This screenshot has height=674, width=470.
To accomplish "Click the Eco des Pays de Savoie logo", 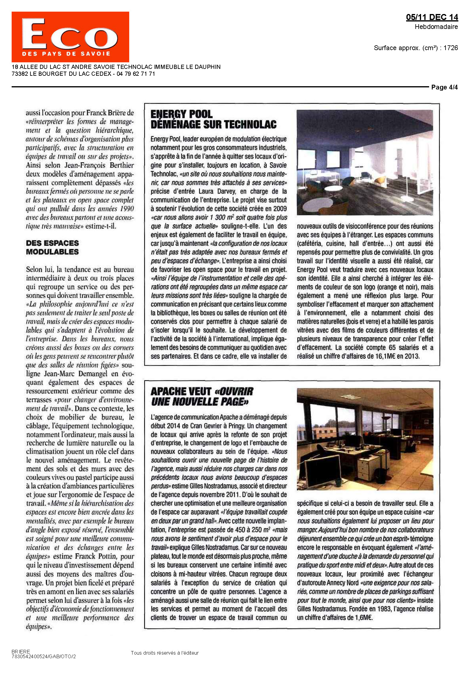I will click(x=70, y=37).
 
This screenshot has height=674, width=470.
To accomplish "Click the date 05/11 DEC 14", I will click(x=432, y=17).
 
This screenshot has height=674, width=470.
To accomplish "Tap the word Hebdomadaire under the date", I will click(x=436, y=27).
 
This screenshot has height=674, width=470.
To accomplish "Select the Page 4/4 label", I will click(x=444, y=87).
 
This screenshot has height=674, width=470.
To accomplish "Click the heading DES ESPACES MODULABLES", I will click(x=52, y=247).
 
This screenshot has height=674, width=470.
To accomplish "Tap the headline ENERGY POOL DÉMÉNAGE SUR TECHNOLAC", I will click(x=213, y=119).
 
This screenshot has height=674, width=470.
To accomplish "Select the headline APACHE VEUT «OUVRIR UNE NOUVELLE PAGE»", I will click(x=202, y=396).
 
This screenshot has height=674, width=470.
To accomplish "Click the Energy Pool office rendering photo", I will click(x=365, y=162).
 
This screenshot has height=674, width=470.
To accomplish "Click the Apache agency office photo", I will click(x=365, y=439).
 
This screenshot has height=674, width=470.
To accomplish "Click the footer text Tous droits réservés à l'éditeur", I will click(x=164, y=653).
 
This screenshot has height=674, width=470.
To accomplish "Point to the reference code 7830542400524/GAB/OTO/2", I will click(x=44, y=656).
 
